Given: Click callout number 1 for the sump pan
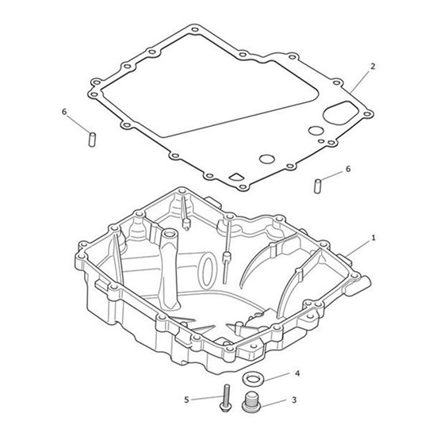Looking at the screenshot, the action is [373, 238].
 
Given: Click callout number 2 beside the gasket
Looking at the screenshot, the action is [373, 67].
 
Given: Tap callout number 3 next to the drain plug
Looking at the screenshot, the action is [294, 400].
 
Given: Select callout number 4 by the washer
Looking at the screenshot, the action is [297, 373].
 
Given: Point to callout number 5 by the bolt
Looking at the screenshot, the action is [186, 400].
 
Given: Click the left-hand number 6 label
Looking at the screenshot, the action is [64, 112].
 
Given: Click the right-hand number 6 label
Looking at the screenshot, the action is [348, 169].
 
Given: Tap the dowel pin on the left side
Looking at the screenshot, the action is [92, 140].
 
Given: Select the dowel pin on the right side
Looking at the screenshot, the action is [317, 186].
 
